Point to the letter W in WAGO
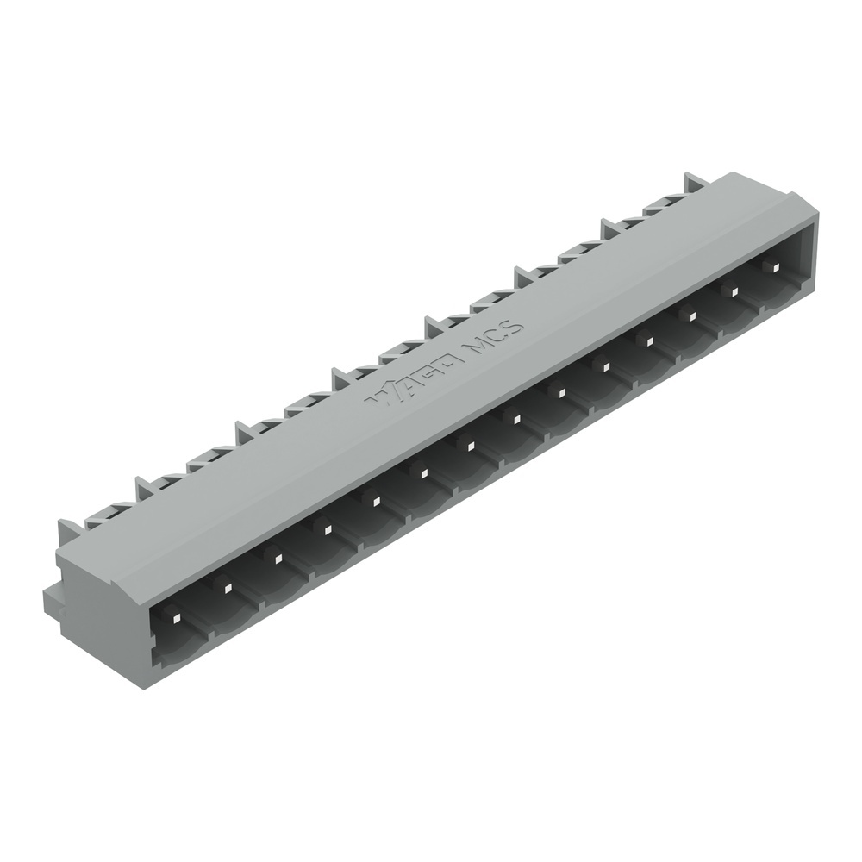[380, 395]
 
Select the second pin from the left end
[227, 588]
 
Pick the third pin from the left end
[277, 557]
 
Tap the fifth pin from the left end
[374, 498]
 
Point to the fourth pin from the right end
[647, 341]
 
